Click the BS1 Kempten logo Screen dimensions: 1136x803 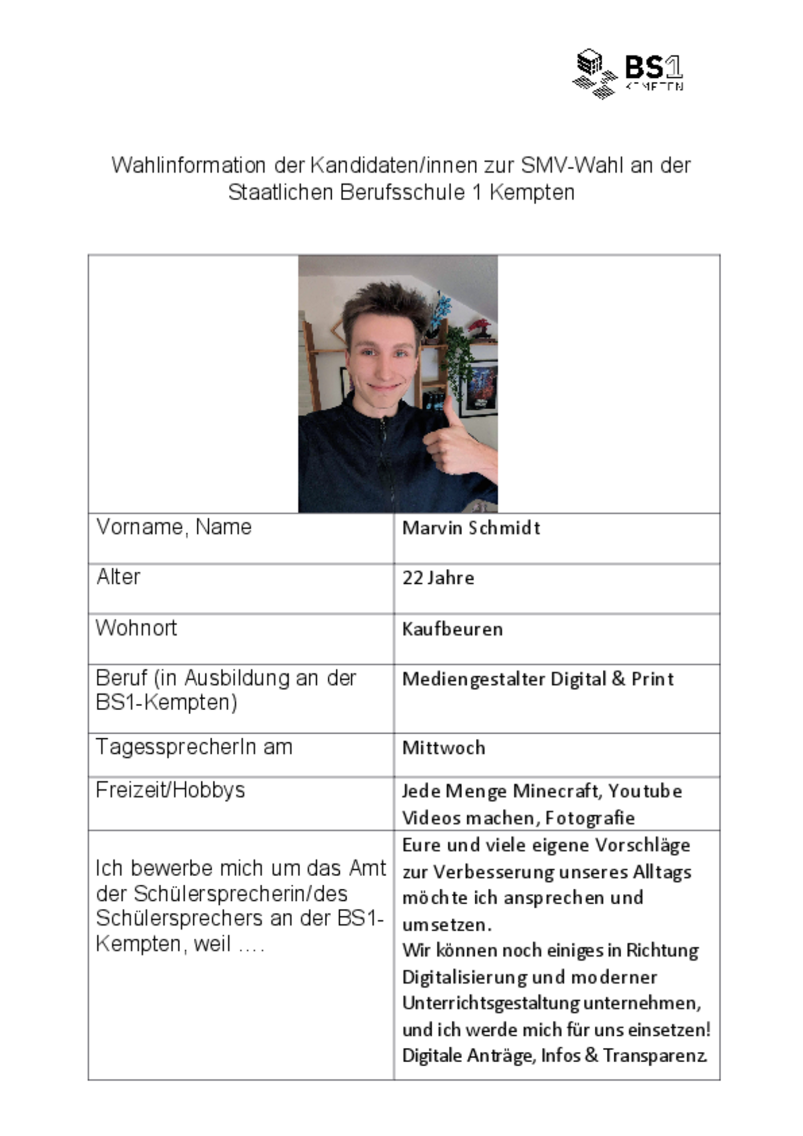click(x=627, y=74)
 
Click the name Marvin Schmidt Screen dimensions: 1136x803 click(x=471, y=528)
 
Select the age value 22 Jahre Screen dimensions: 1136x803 click(x=438, y=578)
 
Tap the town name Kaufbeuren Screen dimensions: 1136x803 click(x=452, y=629)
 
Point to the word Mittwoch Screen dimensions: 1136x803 click(x=444, y=748)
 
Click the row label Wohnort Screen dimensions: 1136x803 click(x=136, y=628)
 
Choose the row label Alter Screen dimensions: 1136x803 click(x=118, y=577)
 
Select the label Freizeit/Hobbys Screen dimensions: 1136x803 click(x=170, y=790)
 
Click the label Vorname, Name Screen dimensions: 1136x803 click(x=174, y=527)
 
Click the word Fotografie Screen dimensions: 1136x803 click(x=590, y=818)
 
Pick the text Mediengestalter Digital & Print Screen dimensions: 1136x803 click(x=538, y=679)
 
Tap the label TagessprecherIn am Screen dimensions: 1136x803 click(x=194, y=747)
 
